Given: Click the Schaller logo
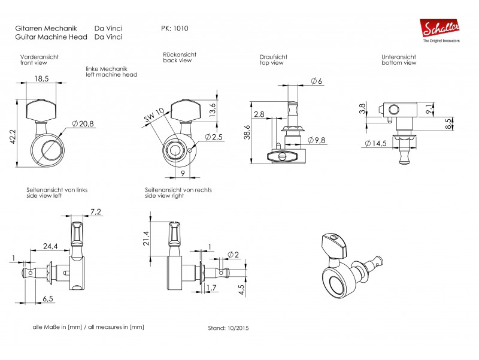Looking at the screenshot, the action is point(441,31).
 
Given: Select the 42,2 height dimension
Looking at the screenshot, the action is point(13,137).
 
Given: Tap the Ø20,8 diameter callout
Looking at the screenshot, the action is point(83,124).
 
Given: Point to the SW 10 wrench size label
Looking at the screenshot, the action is point(154,115).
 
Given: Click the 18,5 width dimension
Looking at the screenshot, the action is point(41,78).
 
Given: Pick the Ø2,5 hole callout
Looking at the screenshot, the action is point(214,137).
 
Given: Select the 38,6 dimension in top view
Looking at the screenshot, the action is point(247,132).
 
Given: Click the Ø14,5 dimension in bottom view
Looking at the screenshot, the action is point(375,143).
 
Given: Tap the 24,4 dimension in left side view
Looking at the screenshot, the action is point(50,246).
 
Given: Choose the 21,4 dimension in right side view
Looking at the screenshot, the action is point(146,238).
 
